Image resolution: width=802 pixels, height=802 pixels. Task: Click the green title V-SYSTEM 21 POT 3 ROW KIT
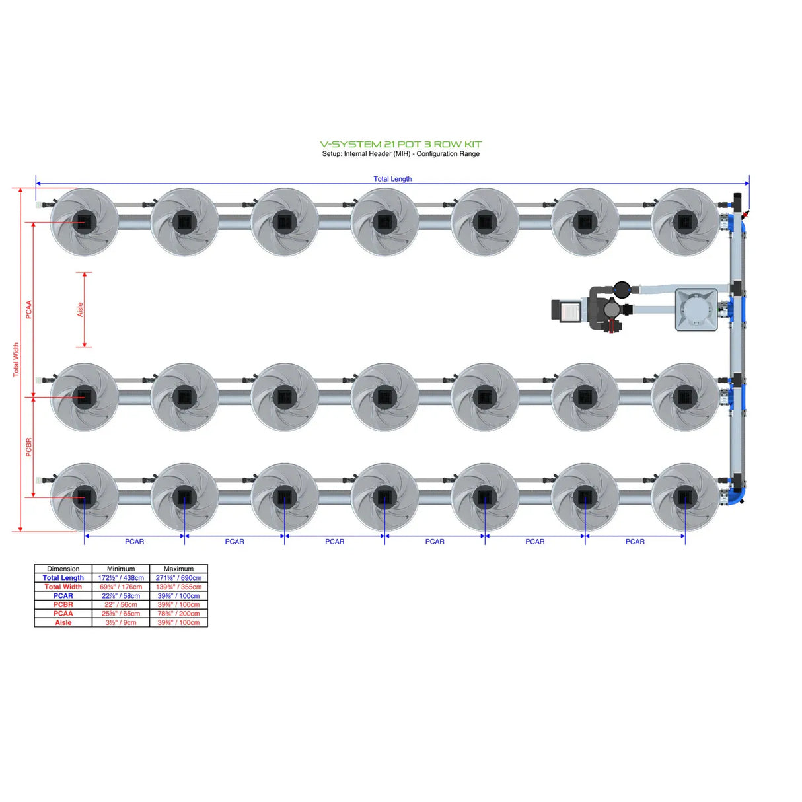click(x=400, y=144)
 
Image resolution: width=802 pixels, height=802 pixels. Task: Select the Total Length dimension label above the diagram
click(x=392, y=179)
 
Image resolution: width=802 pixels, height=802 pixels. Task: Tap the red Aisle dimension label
click(x=80, y=309)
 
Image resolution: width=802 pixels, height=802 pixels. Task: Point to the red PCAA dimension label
click(x=28, y=309)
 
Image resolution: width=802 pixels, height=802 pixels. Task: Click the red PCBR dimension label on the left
click(x=28, y=447)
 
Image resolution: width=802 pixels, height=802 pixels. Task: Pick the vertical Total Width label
click(x=16, y=359)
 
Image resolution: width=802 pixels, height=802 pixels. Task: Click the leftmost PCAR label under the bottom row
click(x=134, y=542)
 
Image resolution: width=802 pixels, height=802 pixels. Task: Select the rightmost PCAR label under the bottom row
click(x=635, y=542)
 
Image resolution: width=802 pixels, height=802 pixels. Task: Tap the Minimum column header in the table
click(x=121, y=569)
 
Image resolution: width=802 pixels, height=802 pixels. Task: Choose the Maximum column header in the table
click(x=178, y=569)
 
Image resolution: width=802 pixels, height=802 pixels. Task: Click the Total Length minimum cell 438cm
click(x=121, y=578)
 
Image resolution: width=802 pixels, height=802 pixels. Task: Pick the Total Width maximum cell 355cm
click(x=178, y=587)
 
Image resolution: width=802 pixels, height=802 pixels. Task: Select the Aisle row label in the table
click(x=63, y=622)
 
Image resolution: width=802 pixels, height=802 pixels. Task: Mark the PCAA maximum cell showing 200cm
click(x=178, y=614)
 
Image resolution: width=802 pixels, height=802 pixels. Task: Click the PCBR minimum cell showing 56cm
click(x=121, y=604)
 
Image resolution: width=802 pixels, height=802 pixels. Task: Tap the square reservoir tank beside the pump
click(x=696, y=309)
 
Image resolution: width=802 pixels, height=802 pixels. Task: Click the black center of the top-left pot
click(x=85, y=221)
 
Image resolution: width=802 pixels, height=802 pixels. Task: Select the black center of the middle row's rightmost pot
click(x=684, y=397)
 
